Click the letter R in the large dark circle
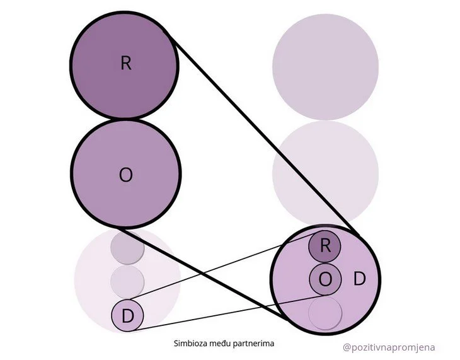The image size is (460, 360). (x=125, y=64)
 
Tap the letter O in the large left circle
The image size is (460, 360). (x=125, y=175)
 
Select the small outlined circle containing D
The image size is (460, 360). (x=128, y=315)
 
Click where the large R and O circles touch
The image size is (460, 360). (x=125, y=119)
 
